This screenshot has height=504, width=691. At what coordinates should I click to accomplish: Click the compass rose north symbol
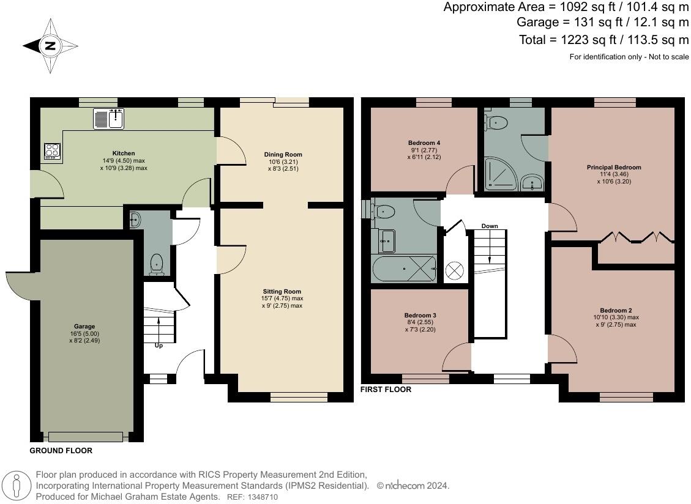coord(50,46)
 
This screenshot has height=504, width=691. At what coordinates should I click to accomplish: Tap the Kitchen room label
coord(123,154)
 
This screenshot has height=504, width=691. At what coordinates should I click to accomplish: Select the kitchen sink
coord(109,119)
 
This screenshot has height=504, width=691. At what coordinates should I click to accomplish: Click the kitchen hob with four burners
coord(52,151)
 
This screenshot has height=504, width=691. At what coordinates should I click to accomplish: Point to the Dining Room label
coord(283,155)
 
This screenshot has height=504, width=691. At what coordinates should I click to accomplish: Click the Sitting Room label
coord(282,292)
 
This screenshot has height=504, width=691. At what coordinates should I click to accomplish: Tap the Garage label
coord(84,327)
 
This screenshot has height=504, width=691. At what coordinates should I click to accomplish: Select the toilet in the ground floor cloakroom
coord(157,264)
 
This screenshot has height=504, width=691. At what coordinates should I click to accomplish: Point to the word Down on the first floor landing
coord(490,226)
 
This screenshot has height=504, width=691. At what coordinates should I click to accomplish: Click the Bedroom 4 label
coord(424,143)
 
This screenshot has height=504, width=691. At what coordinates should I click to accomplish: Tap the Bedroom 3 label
coord(421,316)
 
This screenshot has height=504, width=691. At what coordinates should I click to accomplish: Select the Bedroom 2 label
coord(616,310)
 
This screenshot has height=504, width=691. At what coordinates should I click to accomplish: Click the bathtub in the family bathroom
coord(404,269)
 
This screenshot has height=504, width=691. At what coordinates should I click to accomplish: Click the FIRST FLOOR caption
coord(386,390)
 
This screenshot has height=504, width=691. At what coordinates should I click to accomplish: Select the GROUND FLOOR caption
coord(61,451)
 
